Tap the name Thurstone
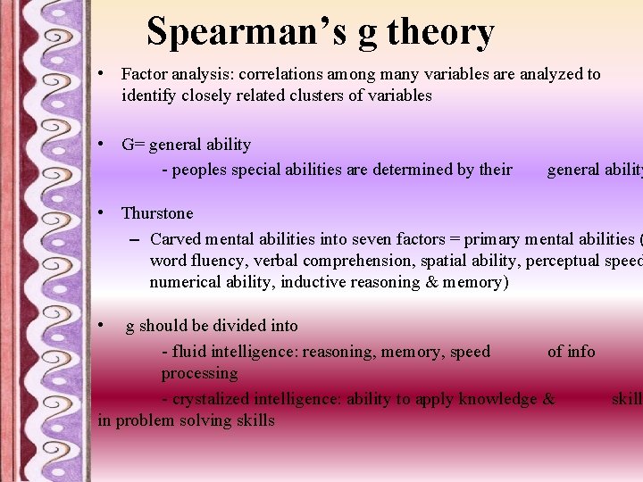[x=157, y=213]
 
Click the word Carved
[x=176, y=239]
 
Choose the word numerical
[x=184, y=282]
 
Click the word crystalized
[x=212, y=399]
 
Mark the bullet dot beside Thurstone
[x=104, y=212]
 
